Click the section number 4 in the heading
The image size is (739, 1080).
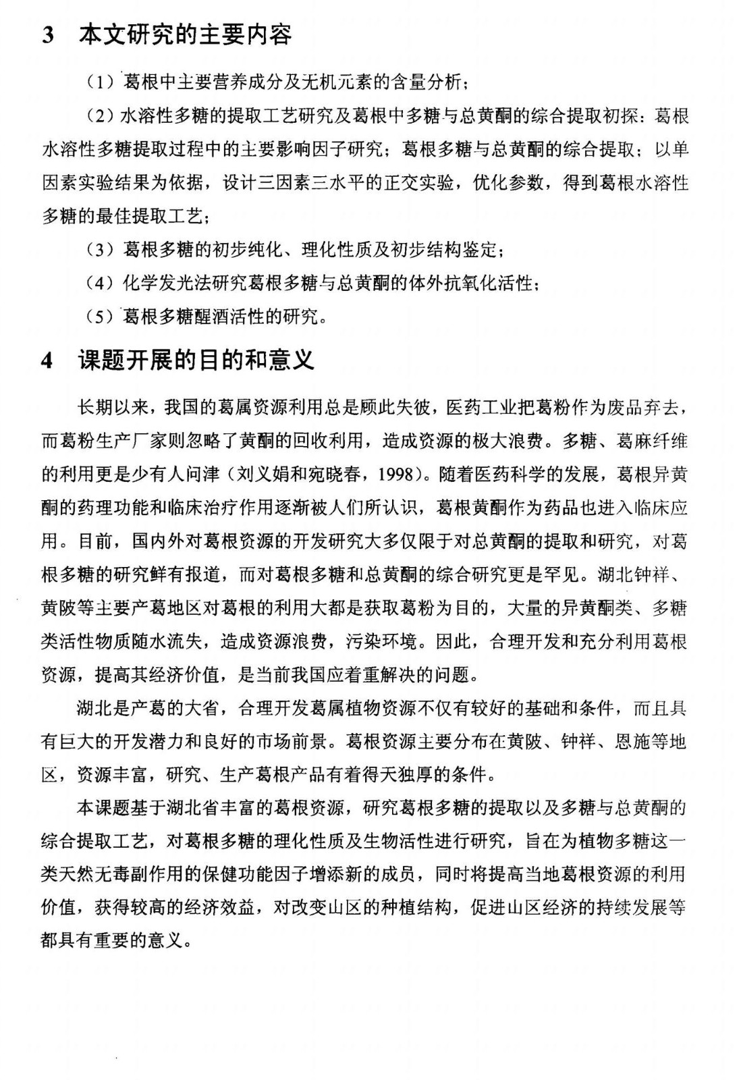pos(47,361)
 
